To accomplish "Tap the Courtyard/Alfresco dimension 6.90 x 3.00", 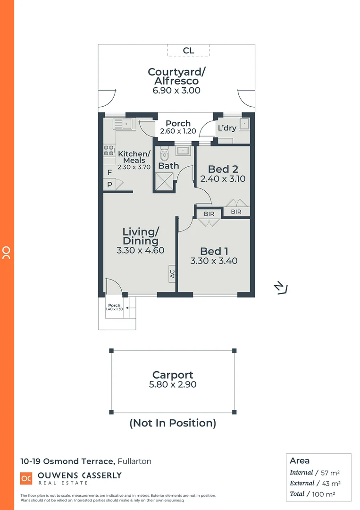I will (176, 90).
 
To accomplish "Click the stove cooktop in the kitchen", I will (109, 150).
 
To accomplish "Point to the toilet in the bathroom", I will (164, 154).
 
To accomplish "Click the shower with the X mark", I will (165, 181).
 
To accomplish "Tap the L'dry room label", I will (226, 128).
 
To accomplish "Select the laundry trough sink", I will (244, 124).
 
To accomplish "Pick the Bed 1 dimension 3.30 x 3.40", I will (214, 261).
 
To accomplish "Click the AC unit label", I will (172, 273).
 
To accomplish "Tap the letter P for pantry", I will (109, 185).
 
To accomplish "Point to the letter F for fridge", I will (109, 173).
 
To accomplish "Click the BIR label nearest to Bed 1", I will (209, 214).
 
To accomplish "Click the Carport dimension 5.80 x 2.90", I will (173, 385).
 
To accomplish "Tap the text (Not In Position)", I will (173, 423).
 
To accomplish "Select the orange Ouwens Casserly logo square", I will (26, 478).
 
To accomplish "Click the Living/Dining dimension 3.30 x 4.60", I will (141, 250).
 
